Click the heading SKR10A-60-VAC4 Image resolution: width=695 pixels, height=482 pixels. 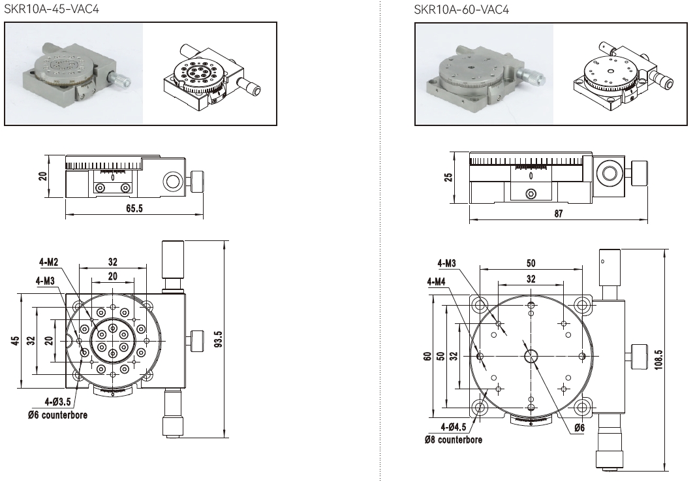(461, 10)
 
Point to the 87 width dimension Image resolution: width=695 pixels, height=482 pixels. (558, 214)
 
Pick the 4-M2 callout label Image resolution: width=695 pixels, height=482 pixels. (49, 262)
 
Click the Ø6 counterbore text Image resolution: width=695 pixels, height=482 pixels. (57, 415)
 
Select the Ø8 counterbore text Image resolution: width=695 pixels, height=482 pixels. (454, 440)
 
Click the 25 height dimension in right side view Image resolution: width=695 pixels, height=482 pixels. (449, 177)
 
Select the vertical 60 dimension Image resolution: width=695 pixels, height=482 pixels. (427, 357)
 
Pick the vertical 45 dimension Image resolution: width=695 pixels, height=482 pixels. (14, 341)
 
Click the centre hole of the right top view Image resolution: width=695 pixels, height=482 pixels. (531, 355)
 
